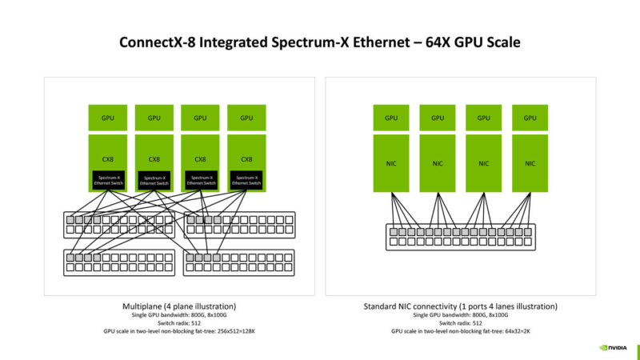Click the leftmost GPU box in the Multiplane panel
108,118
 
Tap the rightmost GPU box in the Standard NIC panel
530,118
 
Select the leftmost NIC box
391,163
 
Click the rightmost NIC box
530,163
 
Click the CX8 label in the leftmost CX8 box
108,158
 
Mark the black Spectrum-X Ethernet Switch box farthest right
247,180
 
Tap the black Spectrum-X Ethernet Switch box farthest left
109,180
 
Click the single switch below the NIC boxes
461,235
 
